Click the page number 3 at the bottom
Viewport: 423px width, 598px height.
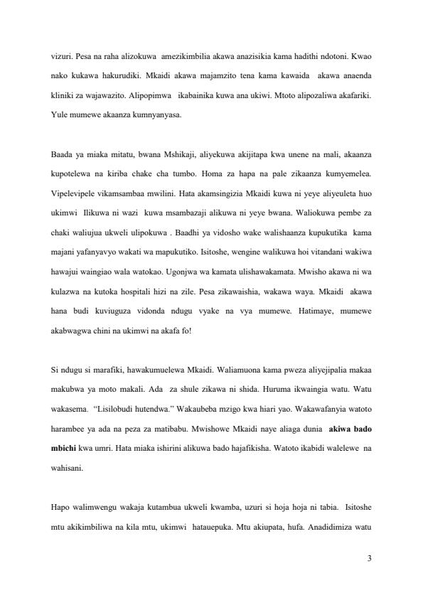click(369, 559)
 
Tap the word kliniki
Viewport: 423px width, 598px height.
click(65, 95)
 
